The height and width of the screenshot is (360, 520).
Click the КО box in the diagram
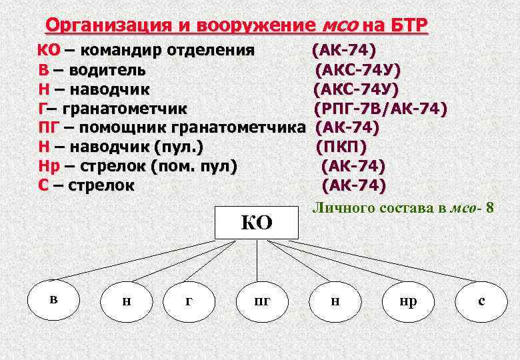tap(256, 222)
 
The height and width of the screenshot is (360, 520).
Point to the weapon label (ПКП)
tap(341, 145)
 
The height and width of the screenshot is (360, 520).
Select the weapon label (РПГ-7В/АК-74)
tap(380, 108)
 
